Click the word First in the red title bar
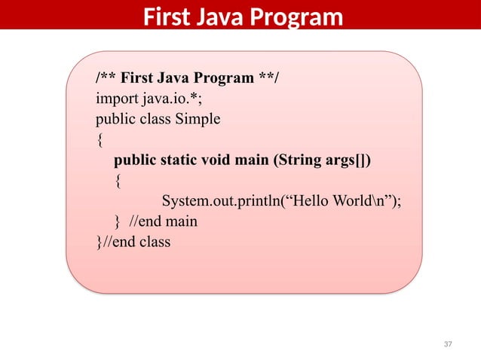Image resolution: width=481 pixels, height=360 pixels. [166, 16]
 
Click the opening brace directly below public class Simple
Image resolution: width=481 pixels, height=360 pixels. [99, 140]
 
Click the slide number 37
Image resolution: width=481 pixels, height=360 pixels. [448, 344]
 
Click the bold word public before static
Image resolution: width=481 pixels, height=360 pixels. [136, 160]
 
